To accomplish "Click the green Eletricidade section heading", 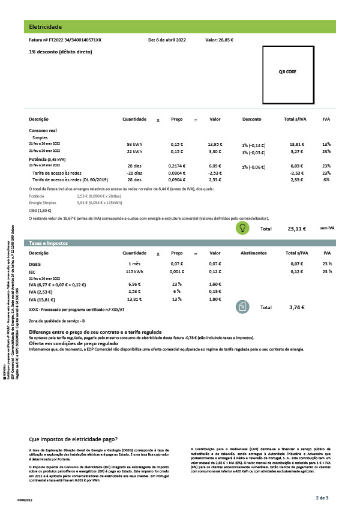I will pos(46,26).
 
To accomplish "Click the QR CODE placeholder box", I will pos(287,71).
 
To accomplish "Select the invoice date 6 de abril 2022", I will pos(167,40).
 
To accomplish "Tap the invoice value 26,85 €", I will pos(219,40).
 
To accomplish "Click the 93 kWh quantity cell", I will pos(134,145).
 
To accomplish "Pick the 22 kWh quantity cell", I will pos(134,152).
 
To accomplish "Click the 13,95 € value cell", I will pos(215,145).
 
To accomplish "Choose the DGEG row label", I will pos(35,264).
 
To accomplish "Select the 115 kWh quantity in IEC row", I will pos(134,272).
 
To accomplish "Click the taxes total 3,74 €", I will pos(297,307).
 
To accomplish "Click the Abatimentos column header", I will pos(253,253).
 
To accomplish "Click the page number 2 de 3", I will pos(323,498).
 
